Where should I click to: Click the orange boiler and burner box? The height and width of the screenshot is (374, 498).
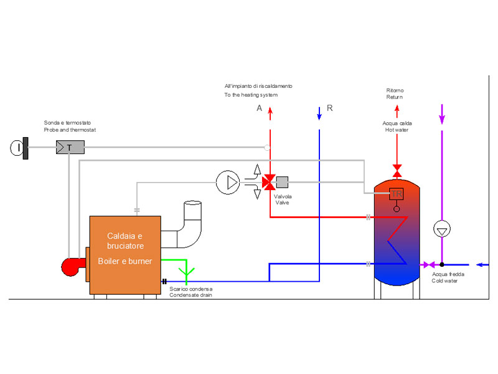pyautogui.click(x=125, y=255)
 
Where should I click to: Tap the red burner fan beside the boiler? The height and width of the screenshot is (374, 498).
pyautogui.click(x=72, y=267)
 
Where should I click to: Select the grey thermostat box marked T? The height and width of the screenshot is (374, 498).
pyautogui.click(x=70, y=147)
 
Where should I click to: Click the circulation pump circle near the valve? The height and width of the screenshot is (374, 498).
pyautogui.click(x=228, y=182)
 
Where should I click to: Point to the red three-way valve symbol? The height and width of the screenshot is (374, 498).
pyautogui.click(x=269, y=182)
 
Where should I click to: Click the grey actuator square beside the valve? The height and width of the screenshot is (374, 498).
pyautogui.click(x=282, y=182)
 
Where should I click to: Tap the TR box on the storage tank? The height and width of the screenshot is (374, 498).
pyautogui.click(x=397, y=194)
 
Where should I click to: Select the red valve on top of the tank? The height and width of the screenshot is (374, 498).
pyautogui.click(x=397, y=170)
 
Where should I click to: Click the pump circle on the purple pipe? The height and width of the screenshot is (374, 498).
pyautogui.click(x=442, y=229)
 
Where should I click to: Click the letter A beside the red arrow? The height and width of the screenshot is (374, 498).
pyautogui.click(x=260, y=108)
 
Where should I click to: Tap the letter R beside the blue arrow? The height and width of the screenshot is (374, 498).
pyautogui.click(x=330, y=108)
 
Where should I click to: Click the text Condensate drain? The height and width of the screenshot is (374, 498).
pyautogui.click(x=190, y=295)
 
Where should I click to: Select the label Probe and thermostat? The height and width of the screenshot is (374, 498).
pyautogui.click(x=70, y=130)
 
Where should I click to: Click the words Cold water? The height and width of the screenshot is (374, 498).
pyautogui.click(x=444, y=281)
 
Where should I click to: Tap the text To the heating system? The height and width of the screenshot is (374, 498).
pyautogui.click(x=251, y=95)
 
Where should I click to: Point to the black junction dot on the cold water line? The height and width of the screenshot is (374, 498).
pyautogui.click(x=442, y=264)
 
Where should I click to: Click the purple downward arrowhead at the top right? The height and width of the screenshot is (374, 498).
pyautogui.click(x=442, y=119)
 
